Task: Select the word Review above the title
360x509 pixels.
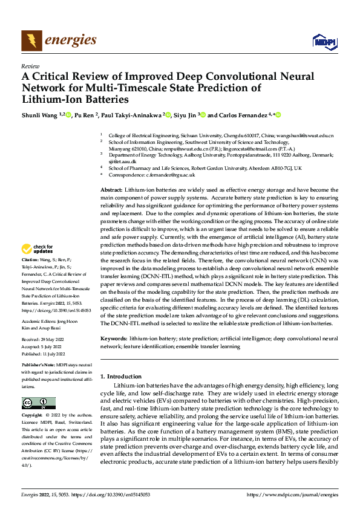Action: click(30, 66)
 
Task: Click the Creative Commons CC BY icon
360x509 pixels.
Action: click(38, 403)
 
